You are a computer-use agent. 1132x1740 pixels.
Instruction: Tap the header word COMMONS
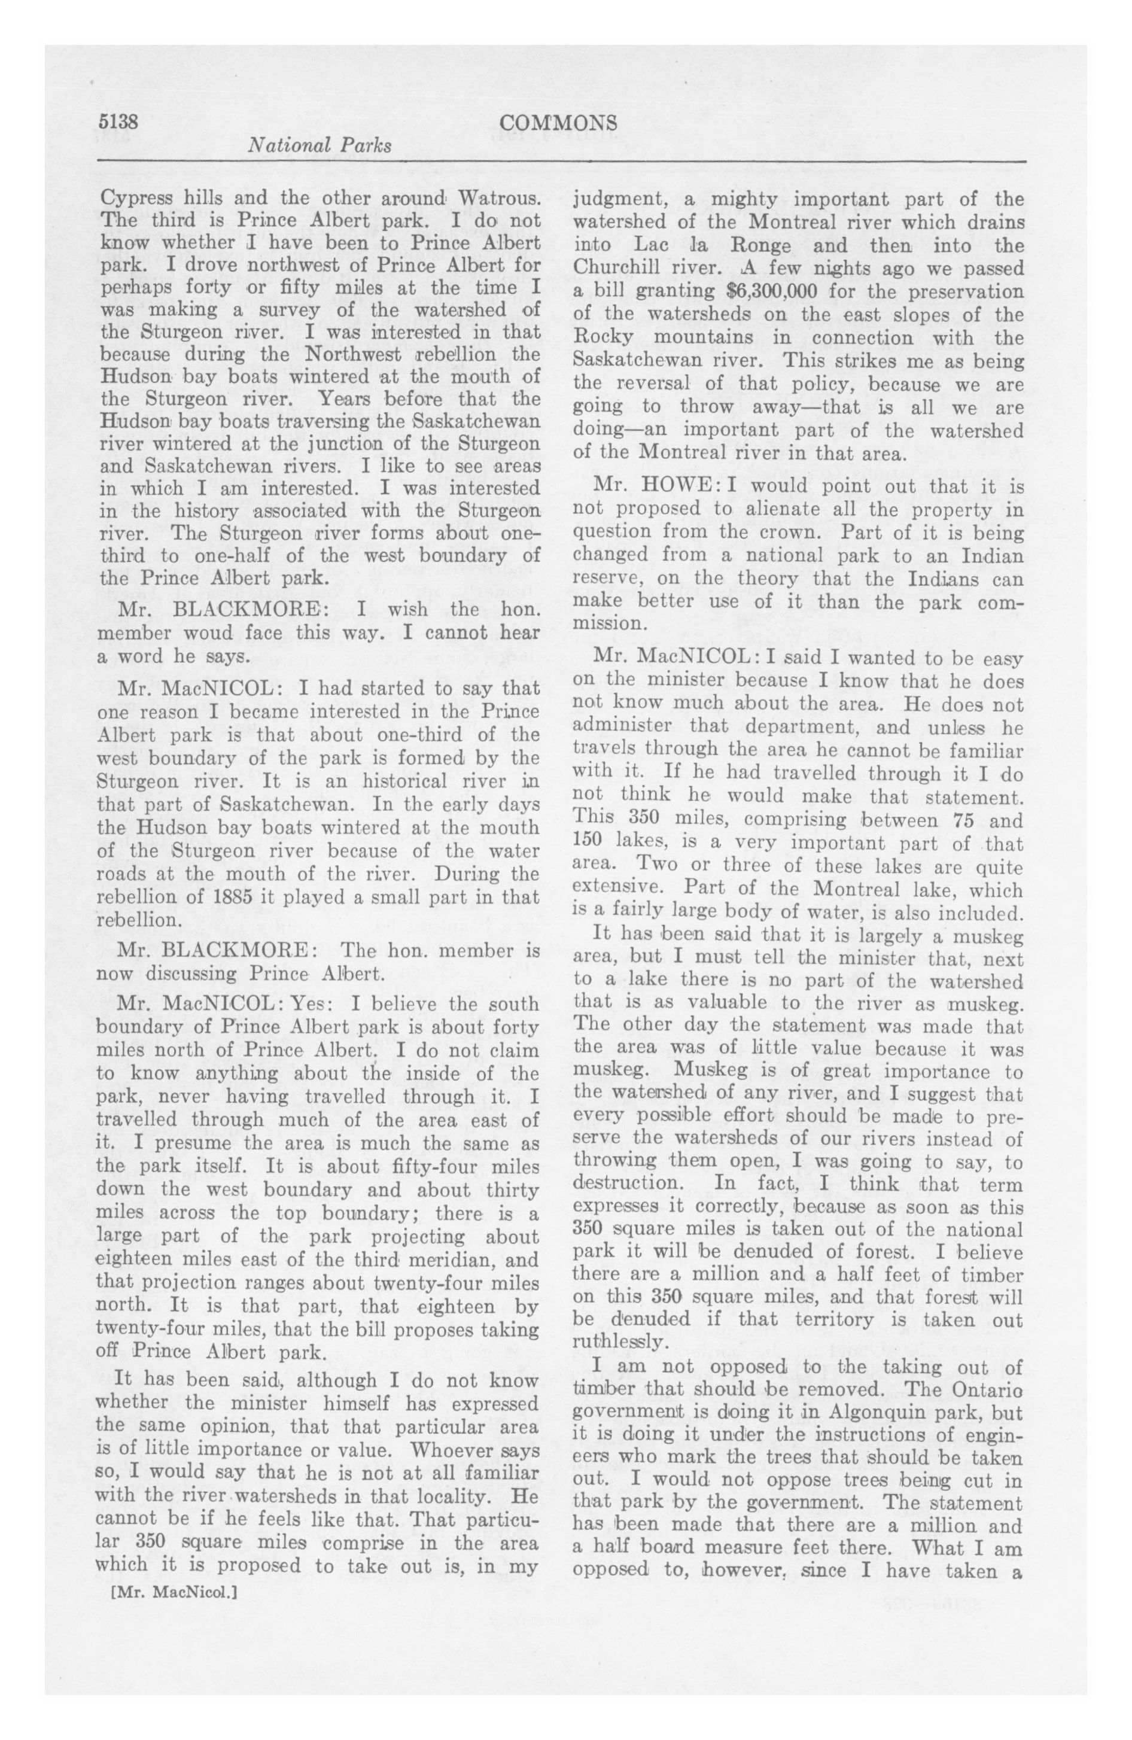[559, 122]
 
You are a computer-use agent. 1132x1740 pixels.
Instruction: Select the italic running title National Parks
[319, 145]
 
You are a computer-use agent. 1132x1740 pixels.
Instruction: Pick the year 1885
[231, 896]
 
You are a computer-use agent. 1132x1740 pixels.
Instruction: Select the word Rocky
[598, 337]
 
